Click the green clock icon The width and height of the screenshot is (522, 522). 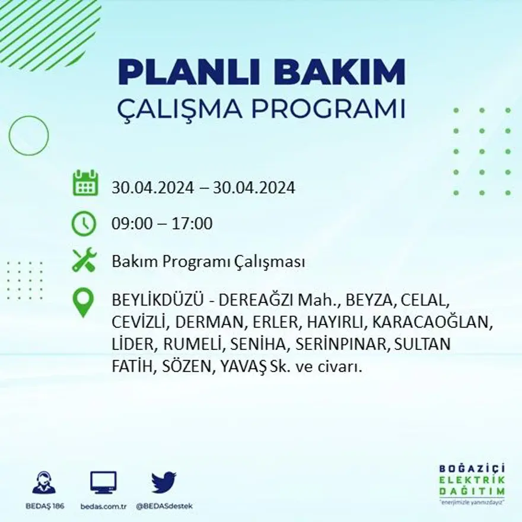click(84, 224)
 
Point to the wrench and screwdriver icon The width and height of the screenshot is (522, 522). click(84, 260)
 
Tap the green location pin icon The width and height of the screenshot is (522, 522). click(83, 302)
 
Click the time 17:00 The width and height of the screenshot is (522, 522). click(193, 224)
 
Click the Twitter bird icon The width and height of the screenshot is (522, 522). click(164, 482)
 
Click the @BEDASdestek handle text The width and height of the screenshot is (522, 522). click(164, 506)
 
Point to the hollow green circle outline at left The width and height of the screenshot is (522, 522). click(28, 136)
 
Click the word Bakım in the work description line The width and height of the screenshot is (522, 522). click(129, 262)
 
